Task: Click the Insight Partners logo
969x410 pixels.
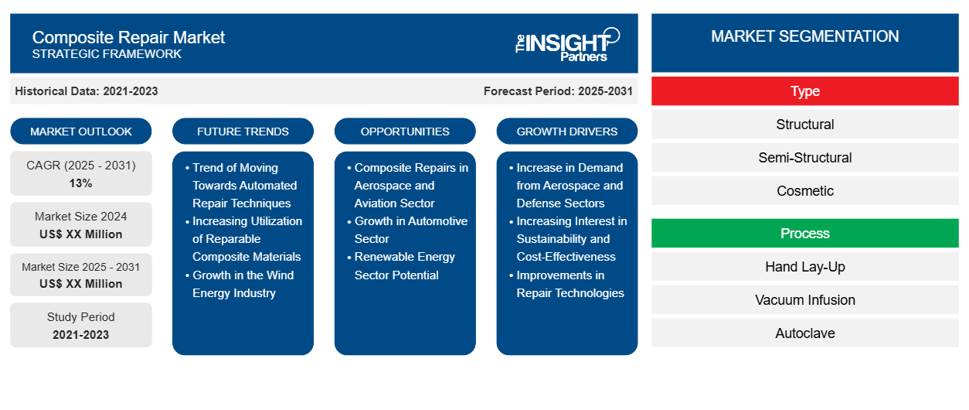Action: coord(567,43)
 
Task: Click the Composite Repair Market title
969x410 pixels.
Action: coord(128,36)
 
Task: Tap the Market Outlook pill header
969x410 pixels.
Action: coord(81,132)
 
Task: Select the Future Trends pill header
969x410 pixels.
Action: coord(243,132)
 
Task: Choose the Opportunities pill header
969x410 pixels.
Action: coord(405,132)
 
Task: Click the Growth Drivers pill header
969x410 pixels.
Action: coord(567,132)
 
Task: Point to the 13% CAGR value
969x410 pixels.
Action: coord(80,183)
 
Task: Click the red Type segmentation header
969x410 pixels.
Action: coord(804,91)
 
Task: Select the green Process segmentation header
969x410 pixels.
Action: coord(804,234)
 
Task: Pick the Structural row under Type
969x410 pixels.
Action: coord(804,125)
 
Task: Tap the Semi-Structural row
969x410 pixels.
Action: coord(804,158)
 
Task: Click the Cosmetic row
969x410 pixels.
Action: coord(804,191)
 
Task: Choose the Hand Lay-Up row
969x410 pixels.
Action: coord(804,267)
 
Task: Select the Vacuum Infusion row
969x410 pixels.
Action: coord(804,300)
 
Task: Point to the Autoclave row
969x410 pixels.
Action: coord(804,333)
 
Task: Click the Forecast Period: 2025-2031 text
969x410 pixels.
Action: coord(558,91)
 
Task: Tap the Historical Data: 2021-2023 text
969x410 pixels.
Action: coord(87,91)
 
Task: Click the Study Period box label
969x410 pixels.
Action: coord(80,317)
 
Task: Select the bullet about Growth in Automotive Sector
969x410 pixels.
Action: coord(410,230)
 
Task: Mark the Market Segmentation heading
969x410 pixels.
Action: coord(804,36)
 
